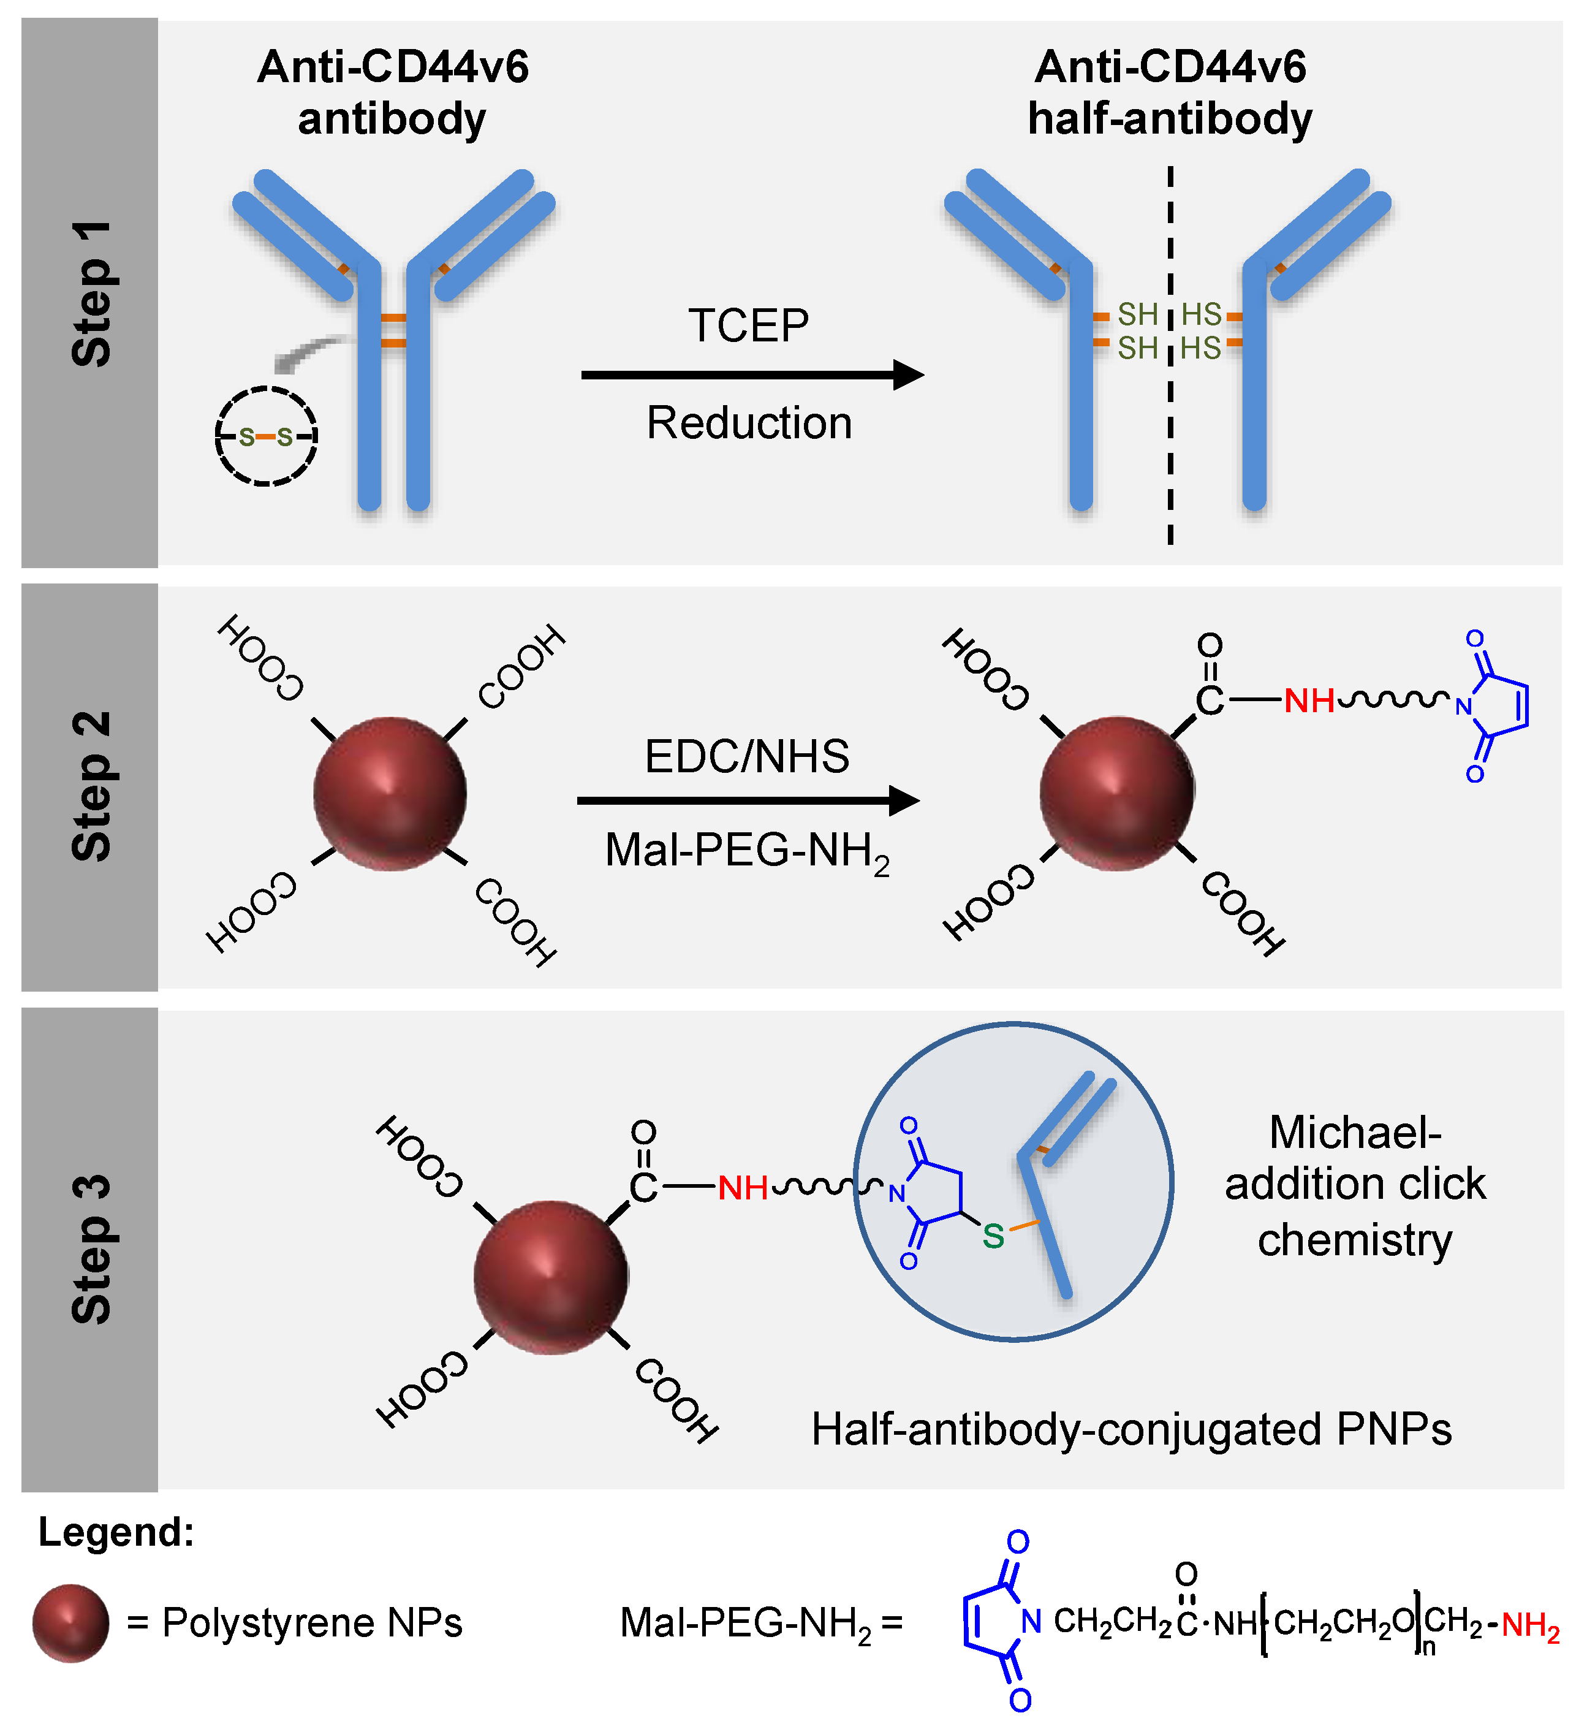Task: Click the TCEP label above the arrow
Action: point(748,326)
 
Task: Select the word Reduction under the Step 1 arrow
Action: point(749,424)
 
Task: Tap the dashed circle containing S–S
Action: point(266,436)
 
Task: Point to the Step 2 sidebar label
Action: point(91,786)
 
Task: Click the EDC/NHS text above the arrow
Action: point(746,756)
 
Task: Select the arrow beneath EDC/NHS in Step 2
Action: point(747,800)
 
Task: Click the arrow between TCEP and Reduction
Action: point(751,374)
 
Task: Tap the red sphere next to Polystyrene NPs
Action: point(70,1622)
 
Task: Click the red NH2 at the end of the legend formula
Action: point(1531,1625)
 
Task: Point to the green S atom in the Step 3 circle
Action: point(994,1237)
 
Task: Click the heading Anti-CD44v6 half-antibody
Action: point(1170,93)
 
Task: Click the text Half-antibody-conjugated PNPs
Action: point(1131,1430)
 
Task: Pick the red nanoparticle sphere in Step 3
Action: point(550,1277)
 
